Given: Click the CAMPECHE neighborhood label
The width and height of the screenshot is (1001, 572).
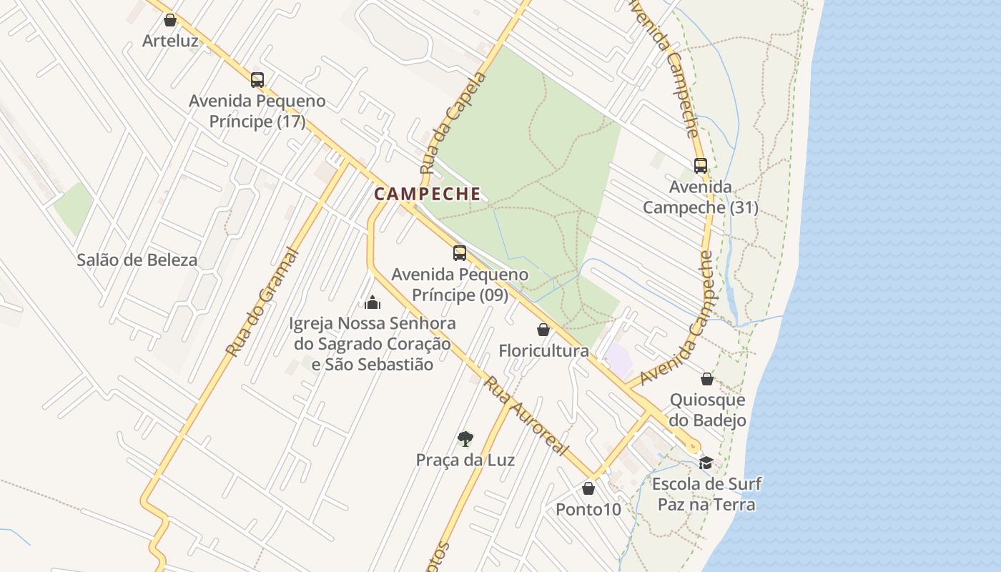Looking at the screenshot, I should pyautogui.click(x=428, y=194).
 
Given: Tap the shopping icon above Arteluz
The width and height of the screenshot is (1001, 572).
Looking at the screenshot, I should pyautogui.click(x=170, y=20).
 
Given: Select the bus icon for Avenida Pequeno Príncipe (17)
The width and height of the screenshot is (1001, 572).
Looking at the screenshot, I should pyautogui.click(x=257, y=80).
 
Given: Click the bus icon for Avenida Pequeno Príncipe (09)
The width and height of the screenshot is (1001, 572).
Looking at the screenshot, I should pyautogui.click(x=460, y=253).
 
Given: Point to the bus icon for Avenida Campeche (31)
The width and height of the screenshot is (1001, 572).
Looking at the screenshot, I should pyautogui.click(x=701, y=166).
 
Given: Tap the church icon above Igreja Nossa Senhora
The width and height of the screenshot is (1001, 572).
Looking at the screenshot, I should pyautogui.click(x=372, y=302).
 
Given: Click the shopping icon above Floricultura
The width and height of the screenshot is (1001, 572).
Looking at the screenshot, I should pyautogui.click(x=543, y=330).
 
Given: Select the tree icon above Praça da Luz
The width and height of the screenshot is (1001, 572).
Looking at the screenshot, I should pyautogui.click(x=465, y=438).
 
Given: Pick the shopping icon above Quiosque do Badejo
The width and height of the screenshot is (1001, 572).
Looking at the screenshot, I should pyautogui.click(x=707, y=379).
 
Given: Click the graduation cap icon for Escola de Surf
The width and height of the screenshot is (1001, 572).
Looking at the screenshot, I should pyautogui.click(x=706, y=463).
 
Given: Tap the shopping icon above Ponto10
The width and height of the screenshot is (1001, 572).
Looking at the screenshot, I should pyautogui.click(x=588, y=488).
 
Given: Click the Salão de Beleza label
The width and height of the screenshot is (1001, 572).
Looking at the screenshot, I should pyautogui.click(x=137, y=260).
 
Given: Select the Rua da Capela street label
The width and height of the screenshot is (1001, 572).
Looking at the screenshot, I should pyautogui.click(x=453, y=124).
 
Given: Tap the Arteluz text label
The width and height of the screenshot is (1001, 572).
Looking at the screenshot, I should pyautogui.click(x=170, y=41).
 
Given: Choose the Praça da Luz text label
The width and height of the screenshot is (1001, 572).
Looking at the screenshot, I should pyautogui.click(x=465, y=460).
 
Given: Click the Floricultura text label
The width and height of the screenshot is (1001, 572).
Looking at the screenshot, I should pyautogui.click(x=544, y=351).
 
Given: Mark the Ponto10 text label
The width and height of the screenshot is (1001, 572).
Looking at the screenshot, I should pyautogui.click(x=588, y=510).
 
